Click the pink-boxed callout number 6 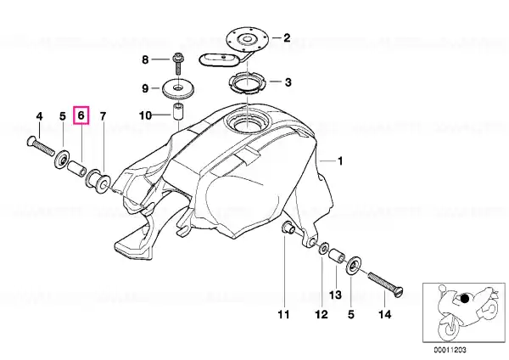click(x=81, y=115)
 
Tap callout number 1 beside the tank click(x=340, y=160)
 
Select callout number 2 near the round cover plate click(x=287, y=38)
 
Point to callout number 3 click(x=288, y=82)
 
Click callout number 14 click(x=384, y=314)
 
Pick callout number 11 click(x=283, y=314)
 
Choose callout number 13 click(x=335, y=295)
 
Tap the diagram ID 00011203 click(x=450, y=350)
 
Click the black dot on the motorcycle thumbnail click(x=465, y=298)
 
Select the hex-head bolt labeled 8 click(x=178, y=64)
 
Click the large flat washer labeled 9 click(x=178, y=87)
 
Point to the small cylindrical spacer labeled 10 click(x=178, y=112)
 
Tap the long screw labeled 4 click(x=40, y=147)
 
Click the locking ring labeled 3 click(x=248, y=84)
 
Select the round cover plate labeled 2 click(x=247, y=41)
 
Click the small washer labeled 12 click(x=323, y=249)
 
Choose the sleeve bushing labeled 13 click(x=336, y=256)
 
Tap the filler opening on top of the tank click(x=248, y=122)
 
